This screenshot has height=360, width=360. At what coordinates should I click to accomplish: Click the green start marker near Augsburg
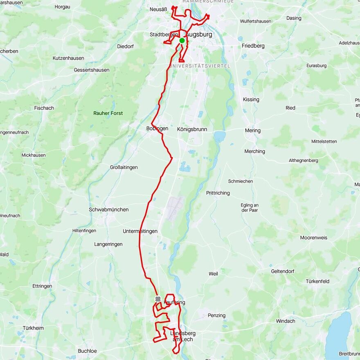(x=182, y=40)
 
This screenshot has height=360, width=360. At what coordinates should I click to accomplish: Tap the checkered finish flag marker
(x=158, y=299)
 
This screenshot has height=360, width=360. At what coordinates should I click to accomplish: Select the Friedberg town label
(x=253, y=46)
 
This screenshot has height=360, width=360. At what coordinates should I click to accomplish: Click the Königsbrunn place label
(x=192, y=129)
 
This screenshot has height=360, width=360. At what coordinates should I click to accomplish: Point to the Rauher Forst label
(x=108, y=113)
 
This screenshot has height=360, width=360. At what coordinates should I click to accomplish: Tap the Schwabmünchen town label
(x=109, y=209)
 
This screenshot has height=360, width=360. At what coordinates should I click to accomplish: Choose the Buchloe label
(x=88, y=351)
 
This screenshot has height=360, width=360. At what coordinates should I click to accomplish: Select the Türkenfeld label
(x=317, y=281)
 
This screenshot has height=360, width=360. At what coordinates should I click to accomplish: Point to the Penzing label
(x=216, y=315)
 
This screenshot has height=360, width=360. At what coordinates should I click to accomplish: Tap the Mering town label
(x=252, y=130)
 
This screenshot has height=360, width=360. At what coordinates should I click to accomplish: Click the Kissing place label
(x=251, y=99)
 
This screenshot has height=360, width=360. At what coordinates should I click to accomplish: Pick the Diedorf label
(x=125, y=46)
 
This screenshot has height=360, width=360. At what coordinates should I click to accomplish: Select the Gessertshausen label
(x=92, y=70)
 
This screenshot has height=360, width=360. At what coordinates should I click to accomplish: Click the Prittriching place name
(x=218, y=193)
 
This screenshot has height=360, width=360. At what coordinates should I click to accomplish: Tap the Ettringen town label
(x=42, y=286)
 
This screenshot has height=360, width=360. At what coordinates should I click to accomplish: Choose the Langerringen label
(x=108, y=244)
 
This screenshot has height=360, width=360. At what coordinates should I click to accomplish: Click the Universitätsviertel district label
(x=200, y=66)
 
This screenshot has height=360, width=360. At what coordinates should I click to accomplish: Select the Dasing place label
(x=294, y=18)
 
